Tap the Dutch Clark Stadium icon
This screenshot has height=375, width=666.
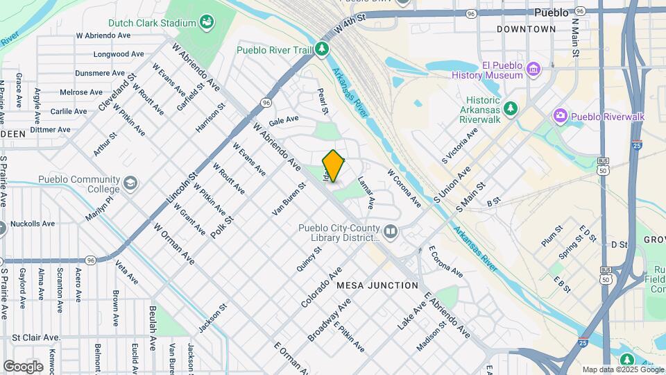pos(207,23)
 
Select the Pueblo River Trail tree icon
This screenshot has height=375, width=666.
pos(321,49)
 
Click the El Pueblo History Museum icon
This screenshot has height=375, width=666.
pos(533,69)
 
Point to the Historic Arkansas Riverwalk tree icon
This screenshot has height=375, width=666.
pos(511,108)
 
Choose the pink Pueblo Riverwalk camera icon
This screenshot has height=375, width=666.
pos(560,117)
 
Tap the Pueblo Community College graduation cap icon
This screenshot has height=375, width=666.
pos(130,183)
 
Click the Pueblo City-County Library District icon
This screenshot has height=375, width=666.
pos(391,231)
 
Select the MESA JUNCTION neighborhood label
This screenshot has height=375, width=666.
pos(377,285)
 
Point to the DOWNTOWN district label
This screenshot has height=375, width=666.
pos(526,29)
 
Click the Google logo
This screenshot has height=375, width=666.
pos(23,366)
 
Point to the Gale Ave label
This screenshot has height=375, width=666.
pos(283,120)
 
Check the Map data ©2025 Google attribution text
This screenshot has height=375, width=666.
pos(622,369)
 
